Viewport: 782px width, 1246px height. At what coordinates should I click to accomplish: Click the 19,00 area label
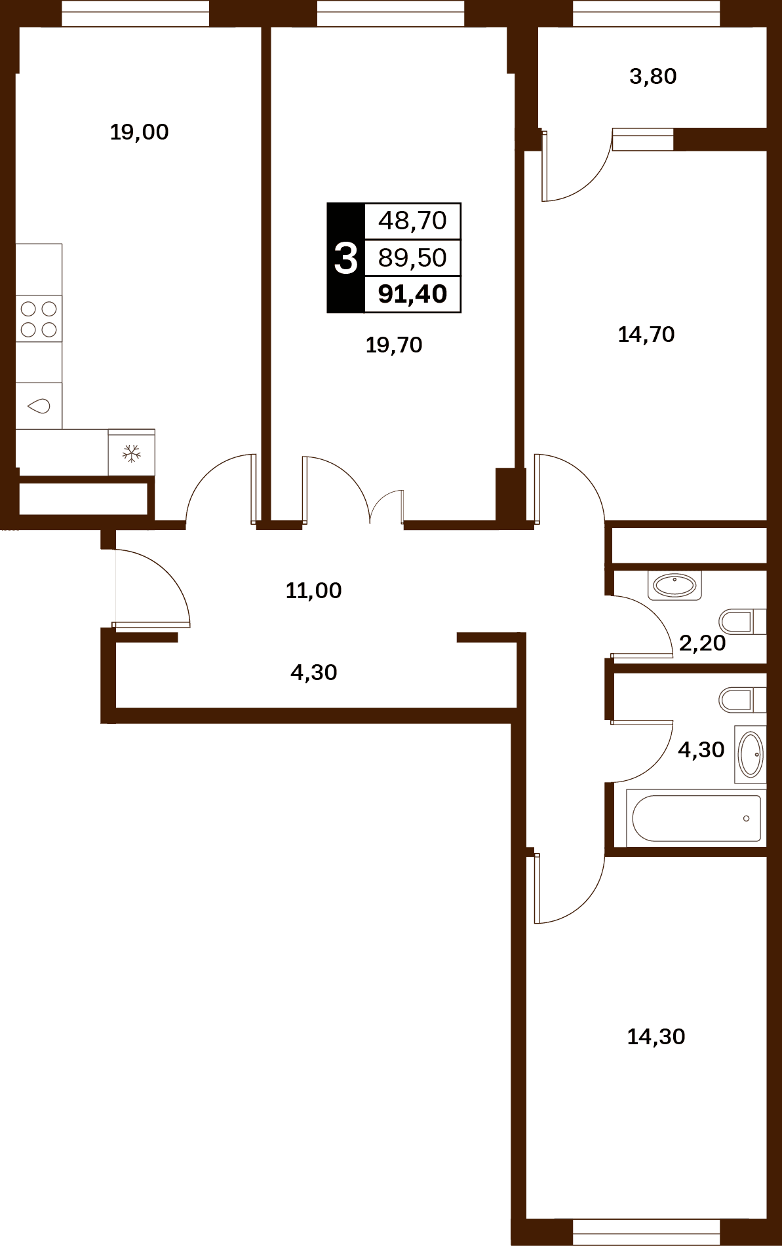[x=139, y=132]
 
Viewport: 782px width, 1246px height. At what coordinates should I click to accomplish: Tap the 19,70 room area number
[x=393, y=345]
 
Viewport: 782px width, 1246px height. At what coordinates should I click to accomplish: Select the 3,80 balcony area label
[x=653, y=77]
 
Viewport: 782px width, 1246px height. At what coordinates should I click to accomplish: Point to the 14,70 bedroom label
[x=646, y=335]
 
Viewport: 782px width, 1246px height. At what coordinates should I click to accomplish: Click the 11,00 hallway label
[x=313, y=591]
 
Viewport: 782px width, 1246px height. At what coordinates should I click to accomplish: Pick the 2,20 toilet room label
[x=702, y=643]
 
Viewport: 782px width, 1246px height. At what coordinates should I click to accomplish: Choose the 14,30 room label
[x=656, y=1037]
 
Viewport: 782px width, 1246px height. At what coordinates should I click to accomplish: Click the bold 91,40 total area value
[x=413, y=294]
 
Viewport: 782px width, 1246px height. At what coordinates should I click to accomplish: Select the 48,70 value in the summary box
[x=413, y=221]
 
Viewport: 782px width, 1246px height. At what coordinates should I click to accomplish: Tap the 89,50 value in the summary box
[x=413, y=257]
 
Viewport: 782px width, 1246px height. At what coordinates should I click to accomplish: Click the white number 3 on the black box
[x=346, y=258]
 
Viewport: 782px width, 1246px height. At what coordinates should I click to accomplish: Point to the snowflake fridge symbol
[x=132, y=453]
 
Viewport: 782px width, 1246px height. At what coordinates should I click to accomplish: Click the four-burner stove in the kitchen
[x=39, y=318]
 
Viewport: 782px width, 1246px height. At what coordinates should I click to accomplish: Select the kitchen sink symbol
[x=39, y=406]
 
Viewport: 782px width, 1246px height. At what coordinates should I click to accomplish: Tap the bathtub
[x=696, y=818]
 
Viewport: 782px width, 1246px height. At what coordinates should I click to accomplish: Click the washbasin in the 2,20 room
[x=674, y=585]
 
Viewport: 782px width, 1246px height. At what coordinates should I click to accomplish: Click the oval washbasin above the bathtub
[x=751, y=755]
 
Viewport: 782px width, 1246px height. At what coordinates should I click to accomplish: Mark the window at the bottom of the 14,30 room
[x=646, y=1232]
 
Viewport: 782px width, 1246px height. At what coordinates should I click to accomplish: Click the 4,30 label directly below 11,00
[x=313, y=673]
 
